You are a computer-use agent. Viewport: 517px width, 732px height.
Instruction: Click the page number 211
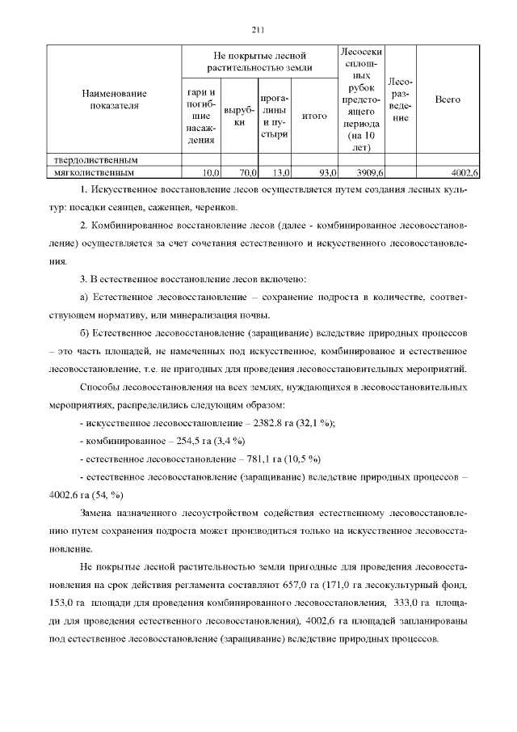tap(258, 31)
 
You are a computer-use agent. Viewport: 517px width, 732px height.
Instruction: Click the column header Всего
tap(448, 99)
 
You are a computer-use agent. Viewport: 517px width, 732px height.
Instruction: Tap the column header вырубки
tap(239, 116)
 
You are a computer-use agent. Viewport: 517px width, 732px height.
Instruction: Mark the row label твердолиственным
tap(90, 160)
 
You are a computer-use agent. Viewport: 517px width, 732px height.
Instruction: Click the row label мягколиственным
tap(90, 172)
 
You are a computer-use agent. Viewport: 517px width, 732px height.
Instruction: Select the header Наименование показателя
tap(114, 99)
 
